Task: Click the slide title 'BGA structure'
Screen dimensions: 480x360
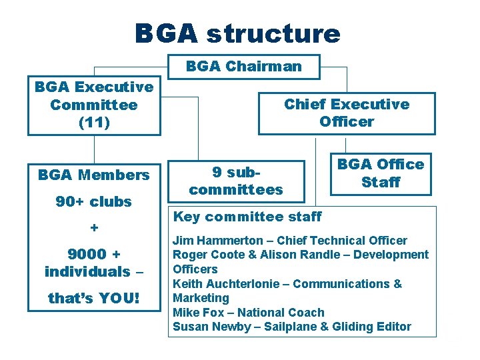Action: coord(237,33)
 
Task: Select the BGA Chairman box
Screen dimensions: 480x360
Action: coord(244,67)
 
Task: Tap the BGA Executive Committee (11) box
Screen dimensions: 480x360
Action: coord(94,105)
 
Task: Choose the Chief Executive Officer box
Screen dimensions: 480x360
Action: coord(347,113)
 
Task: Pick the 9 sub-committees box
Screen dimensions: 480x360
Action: coord(236,181)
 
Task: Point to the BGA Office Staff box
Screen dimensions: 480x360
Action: coord(381,173)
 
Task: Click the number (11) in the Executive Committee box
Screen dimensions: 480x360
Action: coord(94,123)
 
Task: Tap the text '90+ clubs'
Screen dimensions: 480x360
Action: coord(94,201)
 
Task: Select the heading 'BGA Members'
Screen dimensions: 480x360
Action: coord(94,175)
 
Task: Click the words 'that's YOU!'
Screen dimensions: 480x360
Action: coord(94,298)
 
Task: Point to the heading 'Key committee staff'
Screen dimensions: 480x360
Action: coord(247,217)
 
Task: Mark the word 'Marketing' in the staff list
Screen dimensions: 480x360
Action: coord(201,298)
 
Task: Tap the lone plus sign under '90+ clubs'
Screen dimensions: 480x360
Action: coord(94,228)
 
